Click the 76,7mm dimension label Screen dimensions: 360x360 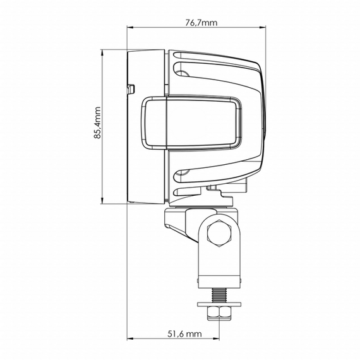[201, 23]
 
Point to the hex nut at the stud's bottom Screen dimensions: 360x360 [219, 314]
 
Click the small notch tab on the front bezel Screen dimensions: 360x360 [131, 85]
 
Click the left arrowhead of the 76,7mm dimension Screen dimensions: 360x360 [131, 28]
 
